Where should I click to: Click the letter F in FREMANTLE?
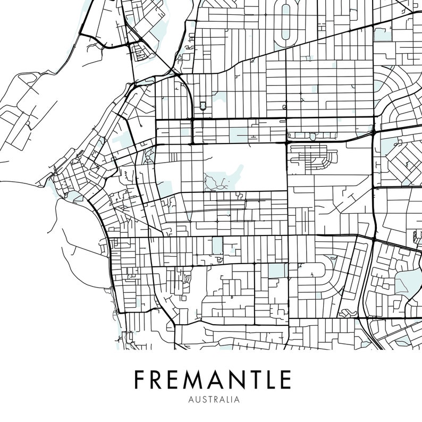(x=140, y=380)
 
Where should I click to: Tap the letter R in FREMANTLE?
(x=158, y=380)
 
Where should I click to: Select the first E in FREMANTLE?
(x=176, y=380)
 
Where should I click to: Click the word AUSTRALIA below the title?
(x=212, y=398)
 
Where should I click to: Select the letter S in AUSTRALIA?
(x=198, y=398)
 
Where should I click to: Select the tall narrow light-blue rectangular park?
(x=217, y=246)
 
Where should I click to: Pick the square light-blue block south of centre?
(x=276, y=271)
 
